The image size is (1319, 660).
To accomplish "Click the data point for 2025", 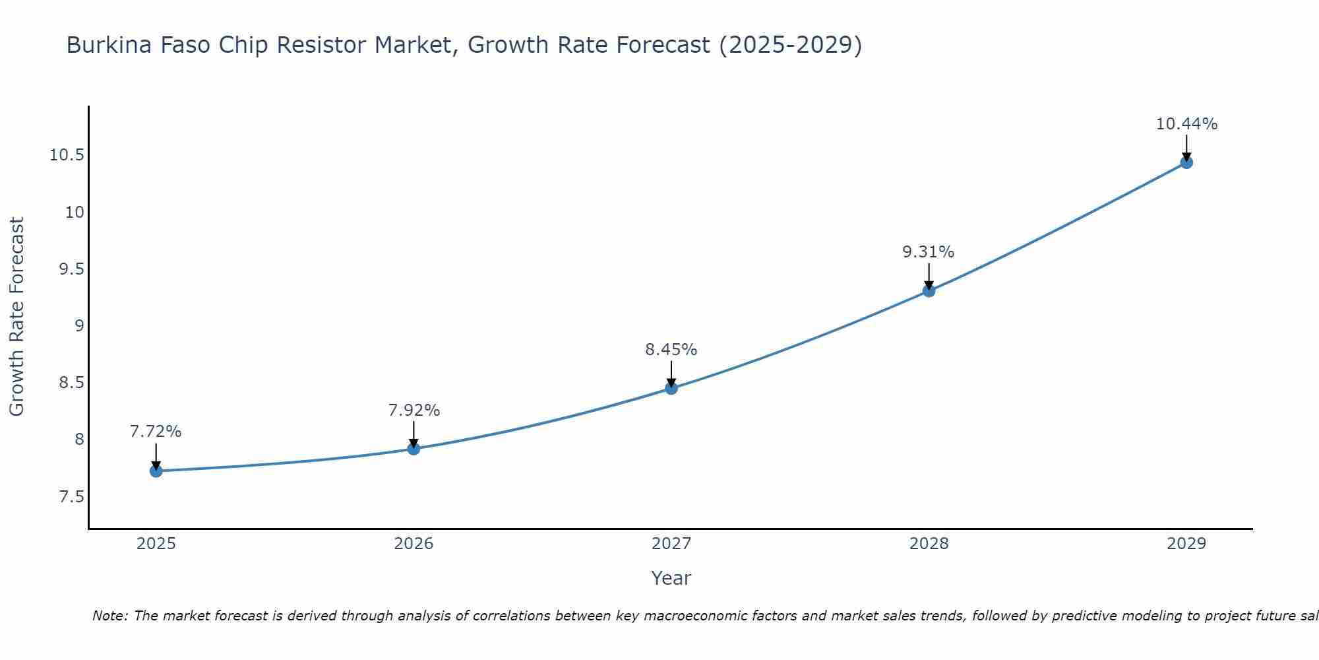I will pos(156,471).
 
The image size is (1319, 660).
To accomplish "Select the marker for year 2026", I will pos(414,449).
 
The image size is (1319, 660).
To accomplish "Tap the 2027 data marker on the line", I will pos(671,388).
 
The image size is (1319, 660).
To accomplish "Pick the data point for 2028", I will pos(929,290).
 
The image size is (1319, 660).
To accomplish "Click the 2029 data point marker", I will pos(1186,162).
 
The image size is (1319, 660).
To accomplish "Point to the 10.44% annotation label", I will pos(1186,124).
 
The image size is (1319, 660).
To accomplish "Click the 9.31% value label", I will pos(928,252).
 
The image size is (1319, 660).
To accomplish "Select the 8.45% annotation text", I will pos(671,350).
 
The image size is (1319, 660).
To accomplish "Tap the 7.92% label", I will pos(414,411).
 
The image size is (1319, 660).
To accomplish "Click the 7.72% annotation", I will pos(156,432).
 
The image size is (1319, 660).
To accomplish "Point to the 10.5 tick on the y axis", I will pos(67,156).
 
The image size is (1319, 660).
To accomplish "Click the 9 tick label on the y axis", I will pos(79,326).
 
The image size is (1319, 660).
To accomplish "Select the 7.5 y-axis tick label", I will pos(71,496).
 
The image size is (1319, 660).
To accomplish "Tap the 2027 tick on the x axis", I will pos(671,544).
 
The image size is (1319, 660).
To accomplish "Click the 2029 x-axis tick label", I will pos(1186,544).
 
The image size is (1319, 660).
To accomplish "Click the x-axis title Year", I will pos(671,578).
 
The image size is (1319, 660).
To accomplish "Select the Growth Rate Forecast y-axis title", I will pos(17,317).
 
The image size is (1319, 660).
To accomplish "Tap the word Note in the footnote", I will pos(109,616).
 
